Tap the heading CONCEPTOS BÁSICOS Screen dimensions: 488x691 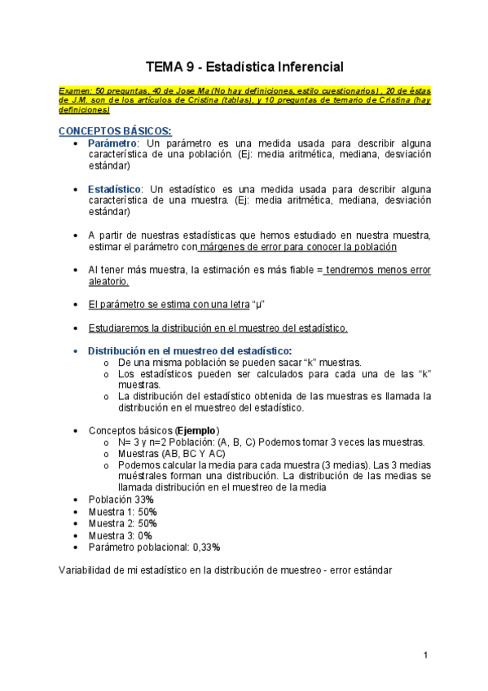[114, 130]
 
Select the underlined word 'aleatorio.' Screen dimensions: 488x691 [108, 281]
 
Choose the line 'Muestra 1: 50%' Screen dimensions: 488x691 [123, 511]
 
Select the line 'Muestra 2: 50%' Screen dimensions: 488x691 [123, 523]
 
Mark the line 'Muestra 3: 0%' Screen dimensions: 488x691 [121, 535]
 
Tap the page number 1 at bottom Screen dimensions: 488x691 [425, 656]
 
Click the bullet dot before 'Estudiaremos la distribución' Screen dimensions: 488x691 [76, 328]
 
